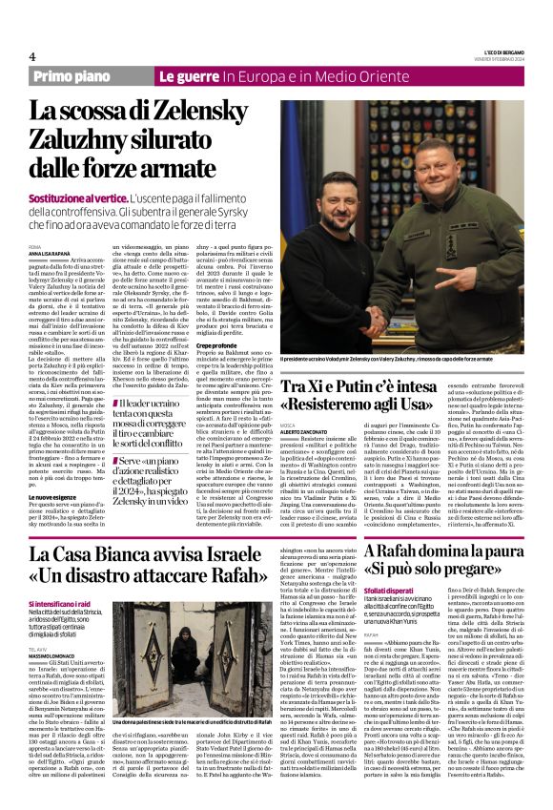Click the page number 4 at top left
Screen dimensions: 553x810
tap(32, 56)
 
